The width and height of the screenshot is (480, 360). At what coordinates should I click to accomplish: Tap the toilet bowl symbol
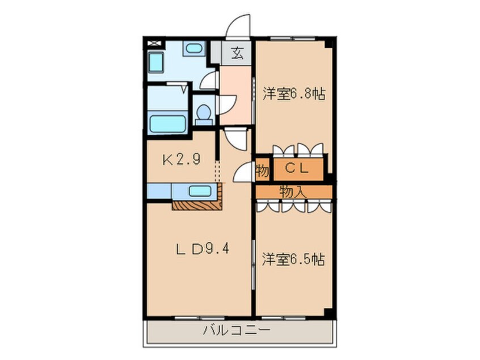coord(203,114)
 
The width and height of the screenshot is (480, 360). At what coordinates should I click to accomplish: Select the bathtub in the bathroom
coord(167,123)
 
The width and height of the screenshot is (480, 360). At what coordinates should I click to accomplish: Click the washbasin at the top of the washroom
coord(194,48)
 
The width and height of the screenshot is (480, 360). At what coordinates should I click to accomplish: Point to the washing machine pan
coord(155,61)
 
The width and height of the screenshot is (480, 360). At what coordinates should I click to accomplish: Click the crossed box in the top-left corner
coord(153,43)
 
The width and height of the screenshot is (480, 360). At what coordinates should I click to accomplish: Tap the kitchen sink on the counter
coord(200,191)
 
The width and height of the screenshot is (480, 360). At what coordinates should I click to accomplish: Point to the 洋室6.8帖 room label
coord(293,94)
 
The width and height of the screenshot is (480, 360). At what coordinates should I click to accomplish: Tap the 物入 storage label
coord(293,192)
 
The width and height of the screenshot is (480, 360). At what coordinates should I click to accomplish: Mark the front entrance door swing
coord(238,27)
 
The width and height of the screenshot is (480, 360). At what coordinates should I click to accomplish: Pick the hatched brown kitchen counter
coord(196,205)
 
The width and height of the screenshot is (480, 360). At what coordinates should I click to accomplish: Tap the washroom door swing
coord(209,81)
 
